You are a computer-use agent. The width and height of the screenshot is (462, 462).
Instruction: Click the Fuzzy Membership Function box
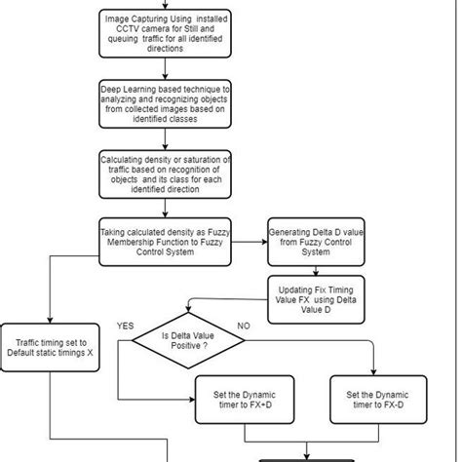coord(165,241)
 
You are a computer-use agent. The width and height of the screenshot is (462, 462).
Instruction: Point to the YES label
coord(126,324)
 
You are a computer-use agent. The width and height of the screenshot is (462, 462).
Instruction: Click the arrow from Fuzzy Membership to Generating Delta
coord(249,242)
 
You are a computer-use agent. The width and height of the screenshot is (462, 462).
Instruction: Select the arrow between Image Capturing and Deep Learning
coord(165,71)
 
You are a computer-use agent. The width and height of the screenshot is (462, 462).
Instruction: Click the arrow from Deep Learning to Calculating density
coord(165,139)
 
